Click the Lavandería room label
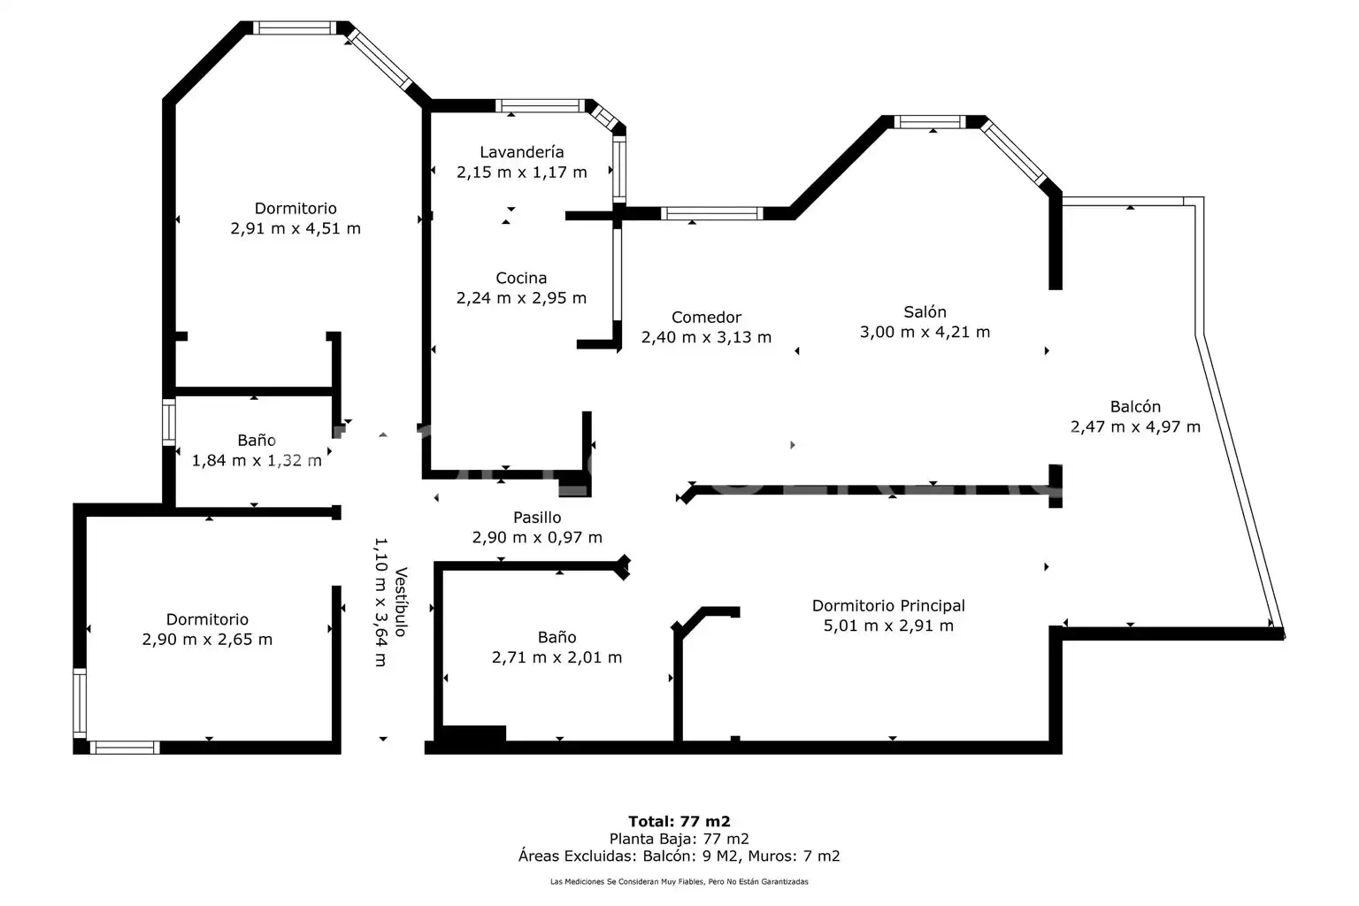tap(522, 151)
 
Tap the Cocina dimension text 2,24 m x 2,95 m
tap(521, 298)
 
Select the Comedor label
tap(706, 317)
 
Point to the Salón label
tap(925, 312)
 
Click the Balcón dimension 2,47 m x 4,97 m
tap(1135, 426)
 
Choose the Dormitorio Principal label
tap(888, 605)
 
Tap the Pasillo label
tap(537, 517)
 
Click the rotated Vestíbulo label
tap(401, 602)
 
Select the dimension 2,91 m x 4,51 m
tap(296, 228)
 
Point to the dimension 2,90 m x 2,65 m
tap(207, 639)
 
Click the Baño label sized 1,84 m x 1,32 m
tap(256, 440)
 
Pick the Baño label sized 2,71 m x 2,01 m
tap(557, 637)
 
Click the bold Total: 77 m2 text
tap(679, 821)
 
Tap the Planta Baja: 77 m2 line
tap(679, 839)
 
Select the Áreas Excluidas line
tap(679, 856)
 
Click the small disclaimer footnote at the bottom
tap(679, 882)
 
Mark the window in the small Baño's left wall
tap(169, 422)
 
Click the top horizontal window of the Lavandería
tap(540, 105)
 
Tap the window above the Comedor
tap(711, 213)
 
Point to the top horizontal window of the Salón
tap(930, 121)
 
